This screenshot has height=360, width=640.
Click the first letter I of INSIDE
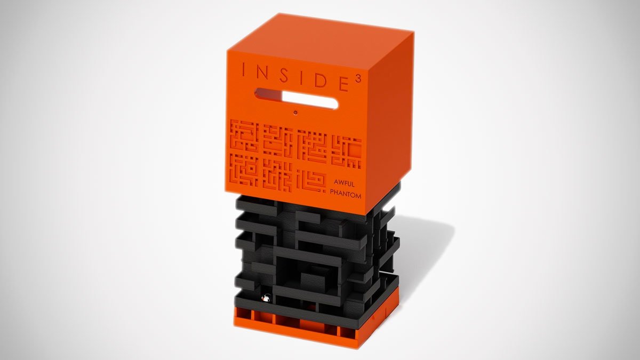[x=243, y=70]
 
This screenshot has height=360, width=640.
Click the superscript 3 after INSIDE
[x=358, y=81]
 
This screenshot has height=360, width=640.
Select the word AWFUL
[x=344, y=183]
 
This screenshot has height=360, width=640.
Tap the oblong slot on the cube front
[x=297, y=98]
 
